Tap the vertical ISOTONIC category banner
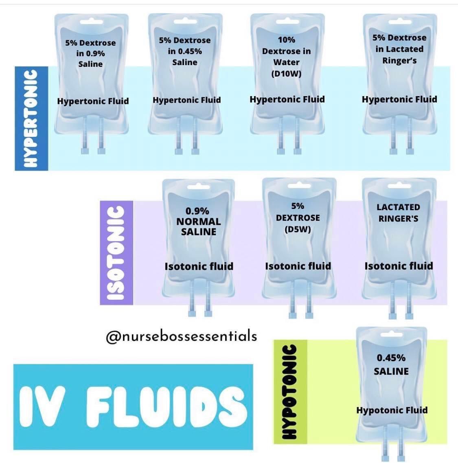(116, 252)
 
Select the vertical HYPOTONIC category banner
(289, 392)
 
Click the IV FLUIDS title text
(133, 406)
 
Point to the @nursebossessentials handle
(181, 336)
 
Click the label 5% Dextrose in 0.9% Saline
(90, 53)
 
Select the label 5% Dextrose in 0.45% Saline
(185, 51)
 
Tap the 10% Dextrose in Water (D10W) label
(286, 57)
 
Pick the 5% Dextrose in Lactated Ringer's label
(399, 49)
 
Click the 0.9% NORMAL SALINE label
(198, 222)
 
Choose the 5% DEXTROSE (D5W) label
(298, 217)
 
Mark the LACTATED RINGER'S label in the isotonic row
(398, 213)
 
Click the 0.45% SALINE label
(391, 364)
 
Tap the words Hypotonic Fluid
(392, 410)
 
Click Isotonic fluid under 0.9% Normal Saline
(199, 266)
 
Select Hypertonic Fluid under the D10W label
(287, 99)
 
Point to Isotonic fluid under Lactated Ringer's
(399, 266)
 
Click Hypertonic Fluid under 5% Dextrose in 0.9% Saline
(93, 101)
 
